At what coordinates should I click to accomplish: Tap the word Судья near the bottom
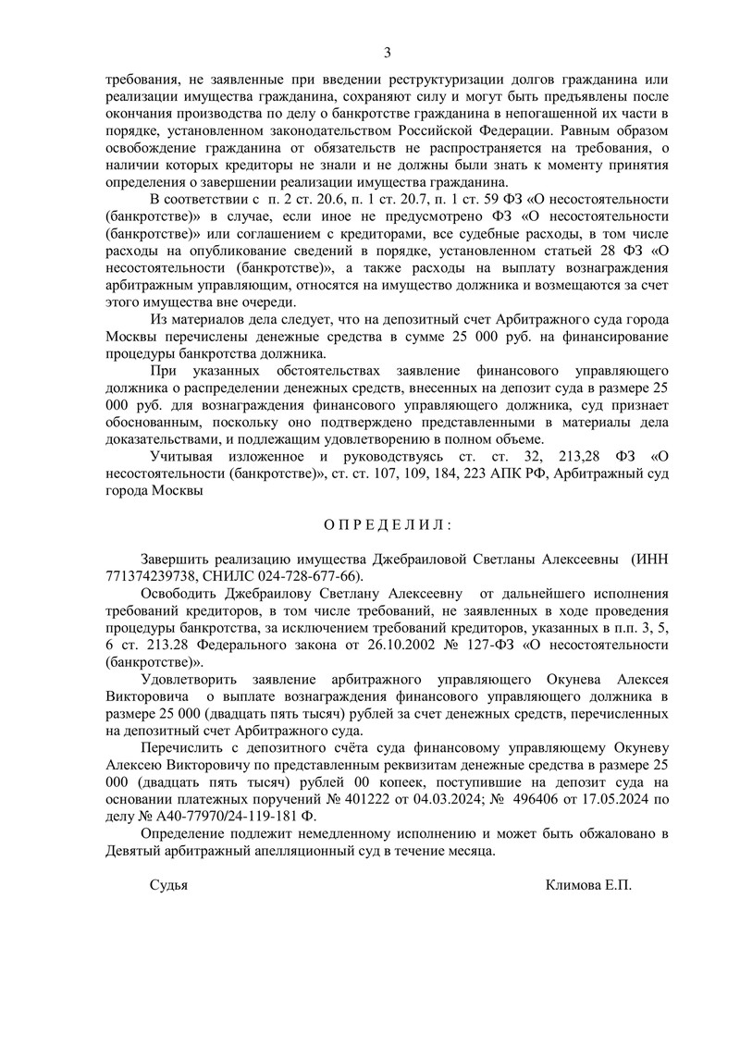168,885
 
